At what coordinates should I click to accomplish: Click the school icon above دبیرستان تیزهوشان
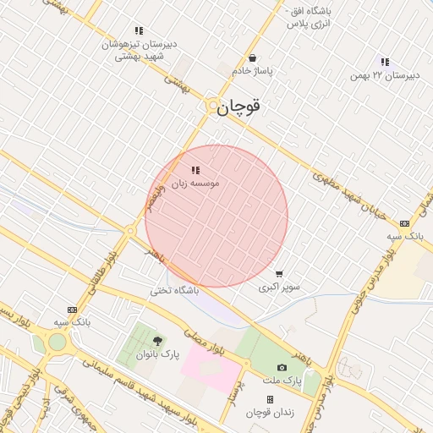pos(139,30)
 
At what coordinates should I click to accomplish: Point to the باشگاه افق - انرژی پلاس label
pos(305,17)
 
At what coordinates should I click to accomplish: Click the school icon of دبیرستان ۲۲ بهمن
pos(385,62)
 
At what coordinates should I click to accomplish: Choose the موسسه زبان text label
pos(195,183)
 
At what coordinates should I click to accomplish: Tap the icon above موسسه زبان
pos(195,170)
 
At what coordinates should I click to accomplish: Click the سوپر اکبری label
pos(279,287)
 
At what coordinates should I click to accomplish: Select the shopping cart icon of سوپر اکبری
pos(279,274)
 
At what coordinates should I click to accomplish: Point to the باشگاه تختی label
pos(174,290)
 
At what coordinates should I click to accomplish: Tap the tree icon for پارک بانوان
pos(158,341)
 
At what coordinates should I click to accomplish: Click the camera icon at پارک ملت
pos(282,368)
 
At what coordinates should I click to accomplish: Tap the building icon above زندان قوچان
pos(270,399)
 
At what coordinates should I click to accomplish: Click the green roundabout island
pos(57,342)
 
